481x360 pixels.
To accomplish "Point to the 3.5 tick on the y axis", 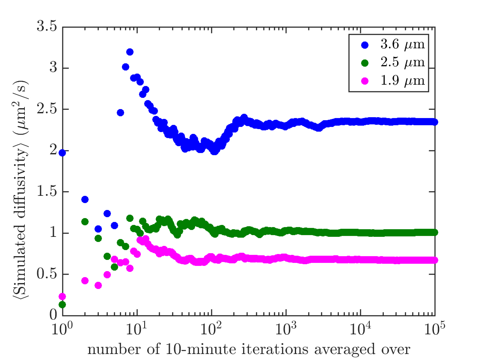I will pyautogui.click(x=48, y=27).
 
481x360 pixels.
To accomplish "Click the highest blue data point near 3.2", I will pyautogui.click(x=130, y=52).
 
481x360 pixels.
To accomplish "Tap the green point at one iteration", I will pyautogui.click(x=62, y=305).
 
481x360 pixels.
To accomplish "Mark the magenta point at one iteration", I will pyautogui.click(x=62, y=296).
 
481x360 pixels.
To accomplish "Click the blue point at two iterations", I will pyautogui.click(x=85, y=200).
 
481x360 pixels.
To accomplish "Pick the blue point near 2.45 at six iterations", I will pyautogui.click(x=120, y=112).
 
